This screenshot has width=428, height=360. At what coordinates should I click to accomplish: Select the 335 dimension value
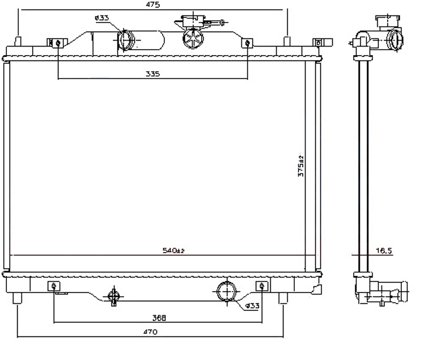[152, 74]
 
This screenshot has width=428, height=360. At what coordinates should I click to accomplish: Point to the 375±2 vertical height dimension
[301, 166]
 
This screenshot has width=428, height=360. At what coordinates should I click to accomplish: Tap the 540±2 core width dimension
[173, 250]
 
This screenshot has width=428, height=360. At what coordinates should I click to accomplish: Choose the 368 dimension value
[159, 317]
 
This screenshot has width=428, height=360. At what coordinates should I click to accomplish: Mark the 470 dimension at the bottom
[150, 332]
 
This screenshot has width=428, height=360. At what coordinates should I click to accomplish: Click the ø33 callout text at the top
[101, 18]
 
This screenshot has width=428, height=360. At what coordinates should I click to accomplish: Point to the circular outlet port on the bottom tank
[226, 292]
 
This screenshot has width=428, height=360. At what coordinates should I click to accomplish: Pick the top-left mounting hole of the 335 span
[57, 43]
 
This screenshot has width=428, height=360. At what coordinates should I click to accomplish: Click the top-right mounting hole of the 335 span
[247, 43]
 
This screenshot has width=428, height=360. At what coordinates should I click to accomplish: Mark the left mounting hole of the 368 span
[54, 286]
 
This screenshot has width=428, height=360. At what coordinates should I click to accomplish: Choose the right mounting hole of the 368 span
[262, 286]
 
